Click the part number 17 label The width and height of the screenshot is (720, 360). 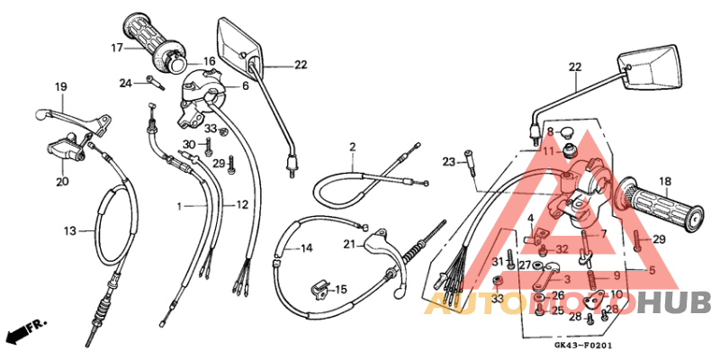[x=117, y=47]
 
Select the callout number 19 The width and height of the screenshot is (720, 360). [x=61, y=87]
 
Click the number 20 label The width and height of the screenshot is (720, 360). [x=61, y=181]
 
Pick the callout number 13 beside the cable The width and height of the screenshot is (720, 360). [x=70, y=231]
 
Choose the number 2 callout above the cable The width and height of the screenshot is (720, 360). [x=353, y=147]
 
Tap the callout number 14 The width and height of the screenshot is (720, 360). [x=306, y=247]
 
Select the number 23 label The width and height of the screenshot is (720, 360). [x=449, y=162]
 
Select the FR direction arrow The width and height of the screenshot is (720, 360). [x=25, y=334]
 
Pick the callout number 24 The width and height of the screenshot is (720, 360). [x=126, y=84]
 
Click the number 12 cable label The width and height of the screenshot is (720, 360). [x=241, y=206]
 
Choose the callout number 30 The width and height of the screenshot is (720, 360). [x=188, y=145]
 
